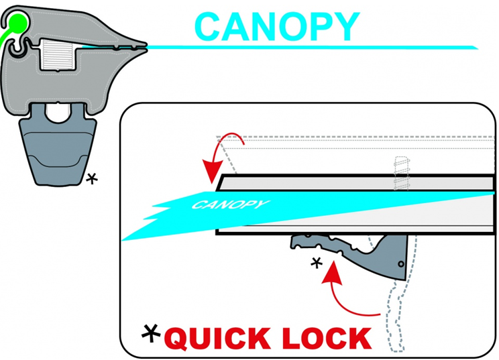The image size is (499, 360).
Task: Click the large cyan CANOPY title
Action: (277, 26)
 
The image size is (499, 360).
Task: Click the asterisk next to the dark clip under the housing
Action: (92, 178)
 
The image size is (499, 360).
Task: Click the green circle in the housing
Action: (17, 23)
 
